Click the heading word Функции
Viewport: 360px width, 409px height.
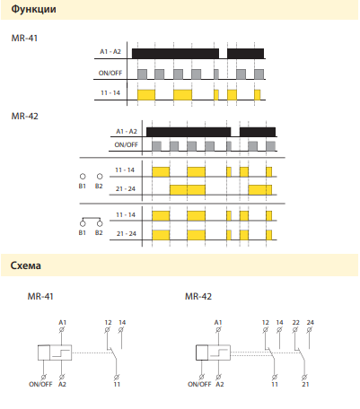tap(33, 9)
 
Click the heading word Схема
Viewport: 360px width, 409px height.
tap(26, 265)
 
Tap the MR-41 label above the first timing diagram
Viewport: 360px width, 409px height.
tap(24, 39)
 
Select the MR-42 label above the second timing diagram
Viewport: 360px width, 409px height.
tap(25, 116)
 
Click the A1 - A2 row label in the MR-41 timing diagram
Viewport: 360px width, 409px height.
tap(110, 52)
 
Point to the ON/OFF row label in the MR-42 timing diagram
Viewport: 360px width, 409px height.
tap(126, 144)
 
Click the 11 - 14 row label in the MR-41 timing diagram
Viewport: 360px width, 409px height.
tap(110, 93)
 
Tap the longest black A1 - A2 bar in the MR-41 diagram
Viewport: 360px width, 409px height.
tap(175, 54)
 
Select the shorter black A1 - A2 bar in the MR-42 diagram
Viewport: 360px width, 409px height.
tap(258, 132)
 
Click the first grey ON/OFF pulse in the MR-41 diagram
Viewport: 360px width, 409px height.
tap(142, 74)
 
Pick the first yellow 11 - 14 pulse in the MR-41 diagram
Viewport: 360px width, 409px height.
tap(146, 95)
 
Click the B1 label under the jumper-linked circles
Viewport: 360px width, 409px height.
tap(83, 232)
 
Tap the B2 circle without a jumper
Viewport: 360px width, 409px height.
tap(100, 177)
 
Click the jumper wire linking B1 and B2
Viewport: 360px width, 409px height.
tap(92, 219)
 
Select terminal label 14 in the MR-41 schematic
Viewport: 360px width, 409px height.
tap(122, 323)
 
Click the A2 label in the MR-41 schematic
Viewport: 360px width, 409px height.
tap(62, 384)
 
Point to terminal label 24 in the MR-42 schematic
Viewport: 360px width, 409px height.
tap(311, 323)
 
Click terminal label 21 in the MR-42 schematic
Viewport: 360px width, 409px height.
tap(305, 384)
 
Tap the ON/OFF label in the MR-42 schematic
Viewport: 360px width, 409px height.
tap(199, 384)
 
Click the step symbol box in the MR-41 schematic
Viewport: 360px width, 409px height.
tap(61, 352)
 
